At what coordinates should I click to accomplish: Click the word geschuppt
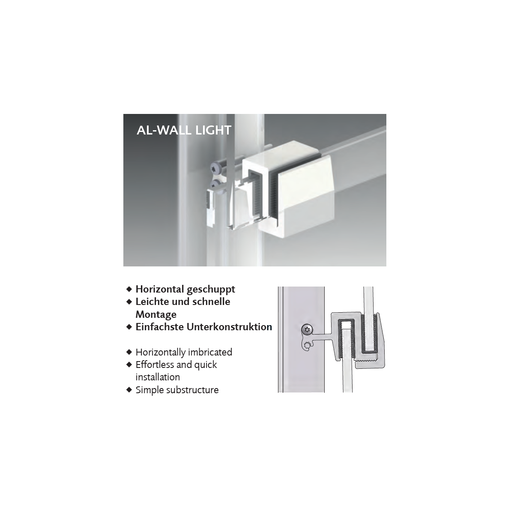coord(211,290)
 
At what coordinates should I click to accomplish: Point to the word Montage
coord(156,315)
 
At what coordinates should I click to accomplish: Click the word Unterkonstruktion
coord(229,327)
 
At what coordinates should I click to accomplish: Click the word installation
coord(158,377)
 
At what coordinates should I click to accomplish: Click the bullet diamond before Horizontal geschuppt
coord(129,289)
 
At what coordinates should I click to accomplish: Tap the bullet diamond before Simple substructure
coord(129,390)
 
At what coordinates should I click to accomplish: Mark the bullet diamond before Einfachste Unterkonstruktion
coord(129,327)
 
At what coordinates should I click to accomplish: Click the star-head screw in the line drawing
coord(307,330)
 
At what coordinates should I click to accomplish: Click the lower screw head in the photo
coord(216,184)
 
